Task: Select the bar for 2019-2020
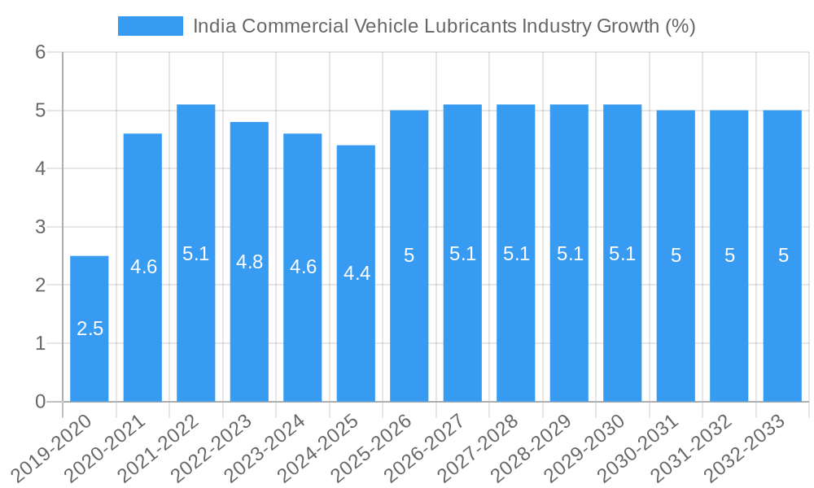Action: [x=90, y=329]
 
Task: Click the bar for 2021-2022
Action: [x=196, y=253]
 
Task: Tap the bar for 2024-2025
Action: [x=357, y=273]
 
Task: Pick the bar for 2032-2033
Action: [x=782, y=255]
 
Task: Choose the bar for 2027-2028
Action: [x=516, y=253]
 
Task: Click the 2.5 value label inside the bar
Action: [x=90, y=329]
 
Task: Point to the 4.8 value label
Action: [x=249, y=262]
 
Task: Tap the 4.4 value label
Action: [x=357, y=273]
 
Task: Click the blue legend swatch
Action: [x=151, y=26]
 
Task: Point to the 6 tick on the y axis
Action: [x=41, y=52]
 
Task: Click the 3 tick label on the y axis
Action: [x=41, y=227]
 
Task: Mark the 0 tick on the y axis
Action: [x=41, y=402]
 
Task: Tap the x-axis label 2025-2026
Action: [x=374, y=447]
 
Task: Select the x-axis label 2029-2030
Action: [x=587, y=447]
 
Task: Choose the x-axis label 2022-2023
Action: [x=214, y=447]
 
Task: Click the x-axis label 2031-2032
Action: [x=694, y=447]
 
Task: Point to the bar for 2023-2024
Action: [x=303, y=268]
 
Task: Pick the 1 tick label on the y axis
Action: [x=41, y=343]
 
